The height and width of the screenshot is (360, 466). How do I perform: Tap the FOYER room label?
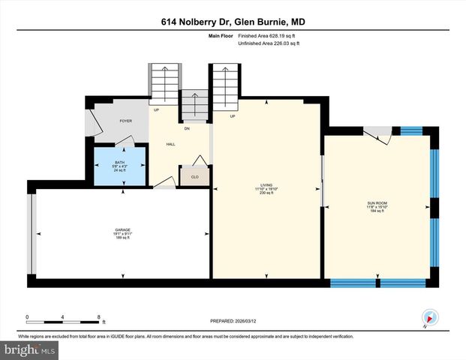126,121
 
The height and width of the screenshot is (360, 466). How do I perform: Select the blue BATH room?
119,166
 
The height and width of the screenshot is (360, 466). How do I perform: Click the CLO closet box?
194,177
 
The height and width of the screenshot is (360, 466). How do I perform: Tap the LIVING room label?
267,186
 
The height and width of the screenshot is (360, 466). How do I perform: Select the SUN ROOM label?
377,205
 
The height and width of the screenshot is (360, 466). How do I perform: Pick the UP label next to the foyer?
157,111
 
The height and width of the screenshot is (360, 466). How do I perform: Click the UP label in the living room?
233,116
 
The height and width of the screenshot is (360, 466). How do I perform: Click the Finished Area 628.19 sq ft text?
268,35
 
